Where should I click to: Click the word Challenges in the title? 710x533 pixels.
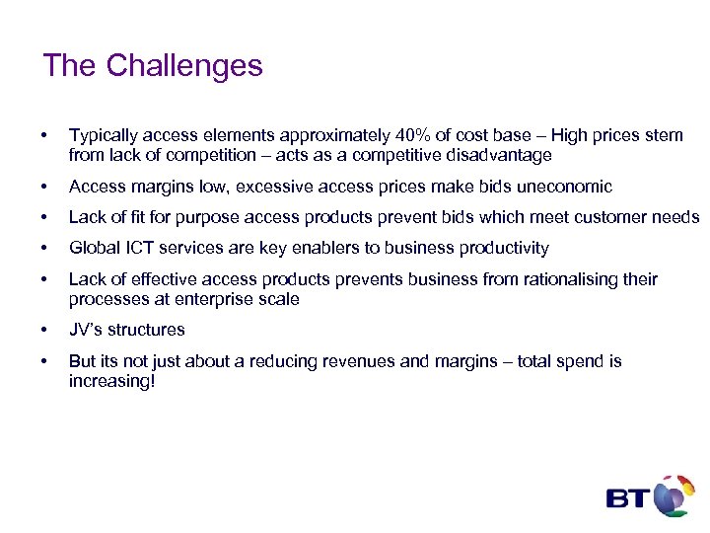(x=184, y=66)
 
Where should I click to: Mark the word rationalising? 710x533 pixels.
(x=565, y=279)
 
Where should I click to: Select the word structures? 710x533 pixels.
(x=148, y=330)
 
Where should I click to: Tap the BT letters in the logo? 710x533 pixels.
(x=625, y=497)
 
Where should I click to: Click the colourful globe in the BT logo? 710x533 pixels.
(x=674, y=495)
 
